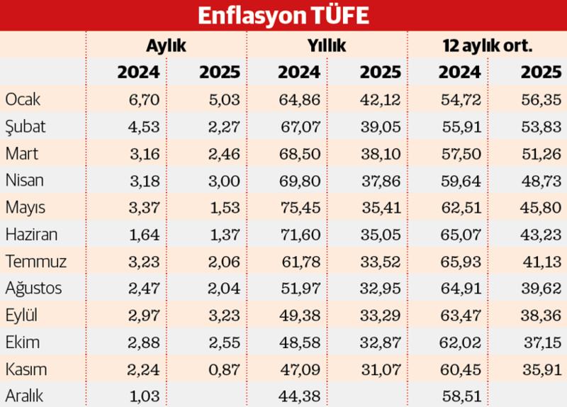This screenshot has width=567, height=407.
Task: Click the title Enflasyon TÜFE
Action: point(283,15)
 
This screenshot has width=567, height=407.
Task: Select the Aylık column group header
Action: point(166,46)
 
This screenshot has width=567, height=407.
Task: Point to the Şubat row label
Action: point(25,126)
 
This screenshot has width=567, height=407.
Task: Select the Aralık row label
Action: point(24,396)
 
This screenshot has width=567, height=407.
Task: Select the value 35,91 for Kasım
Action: point(544,369)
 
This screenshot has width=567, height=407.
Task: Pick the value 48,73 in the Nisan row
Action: point(544,180)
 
